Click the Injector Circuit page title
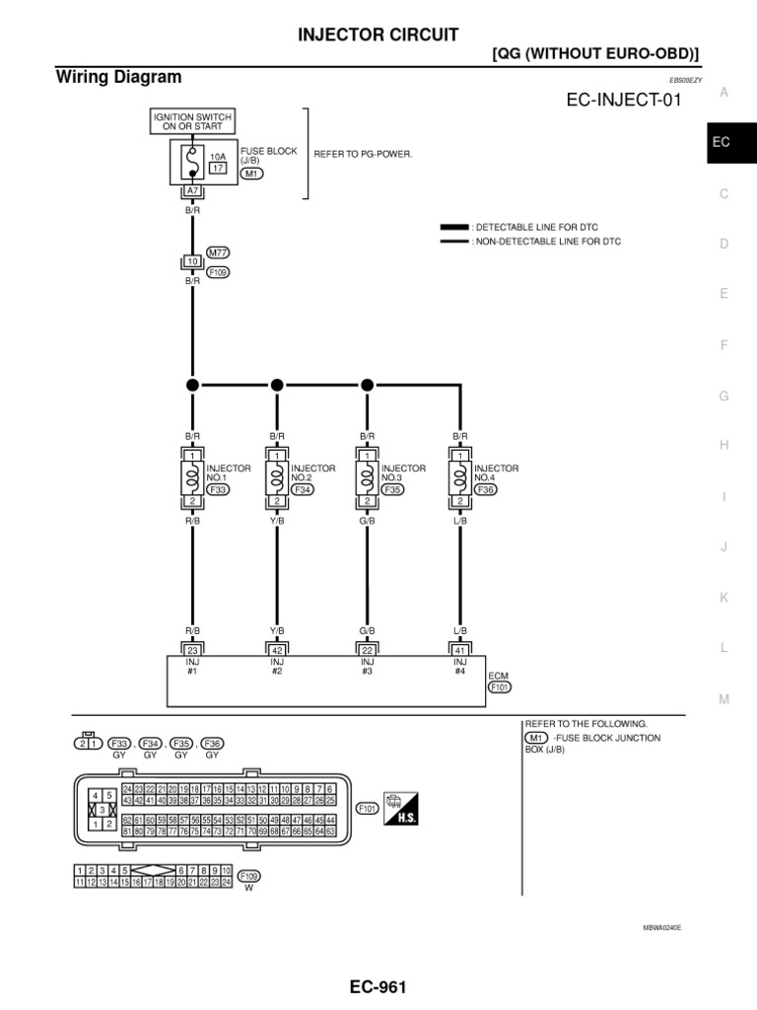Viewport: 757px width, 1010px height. tap(378, 35)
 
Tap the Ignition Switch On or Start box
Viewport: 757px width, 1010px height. tap(192, 122)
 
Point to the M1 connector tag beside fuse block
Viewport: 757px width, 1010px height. tap(251, 174)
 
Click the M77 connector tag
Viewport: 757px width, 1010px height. tap(218, 252)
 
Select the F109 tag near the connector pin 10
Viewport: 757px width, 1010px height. tap(218, 271)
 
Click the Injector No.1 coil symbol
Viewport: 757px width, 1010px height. tap(192, 478)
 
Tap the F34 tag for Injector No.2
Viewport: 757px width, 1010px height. tap(302, 488)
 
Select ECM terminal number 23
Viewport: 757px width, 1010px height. tap(192, 650)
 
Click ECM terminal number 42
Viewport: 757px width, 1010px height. tap(277, 650)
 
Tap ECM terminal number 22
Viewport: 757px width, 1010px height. tap(368, 650)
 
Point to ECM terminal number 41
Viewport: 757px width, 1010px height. tap(458, 650)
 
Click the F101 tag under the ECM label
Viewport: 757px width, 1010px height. tap(500, 688)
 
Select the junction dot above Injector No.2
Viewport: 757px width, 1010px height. tap(277, 384)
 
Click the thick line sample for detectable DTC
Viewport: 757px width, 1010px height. tap(453, 227)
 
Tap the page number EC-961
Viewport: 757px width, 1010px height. tap(378, 986)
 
